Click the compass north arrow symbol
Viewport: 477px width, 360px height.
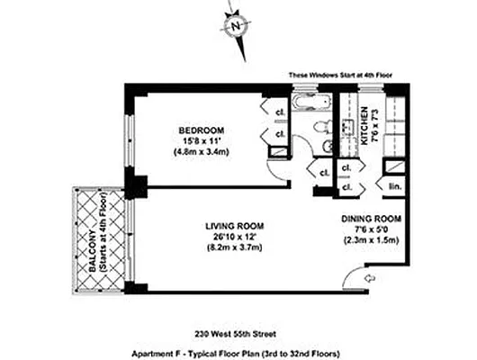[237, 26]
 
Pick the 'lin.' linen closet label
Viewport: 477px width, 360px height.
[393, 187]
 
